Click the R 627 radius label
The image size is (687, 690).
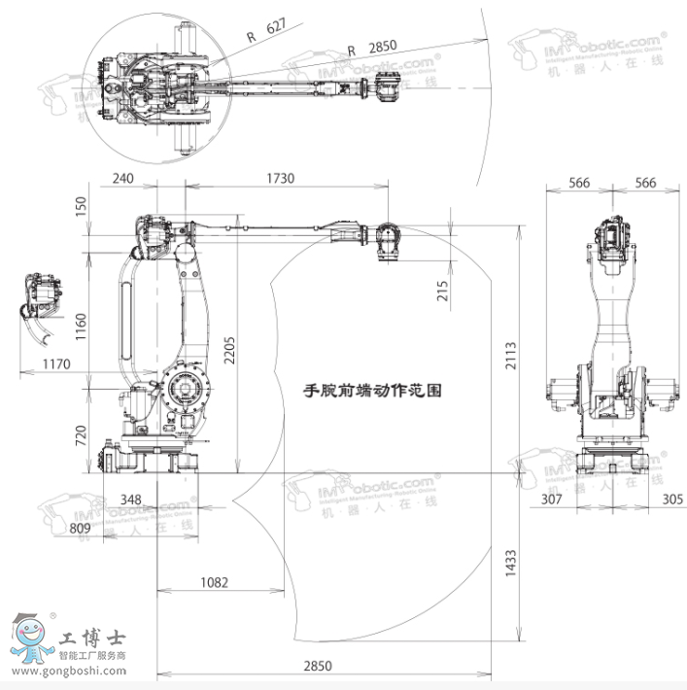click(265, 31)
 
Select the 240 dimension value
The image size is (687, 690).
click(123, 178)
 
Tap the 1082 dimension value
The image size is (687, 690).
click(214, 583)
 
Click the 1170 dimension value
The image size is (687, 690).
click(55, 364)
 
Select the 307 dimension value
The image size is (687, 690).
click(552, 500)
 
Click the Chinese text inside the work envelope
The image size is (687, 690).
click(372, 391)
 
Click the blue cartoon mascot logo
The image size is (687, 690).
click(31, 638)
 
